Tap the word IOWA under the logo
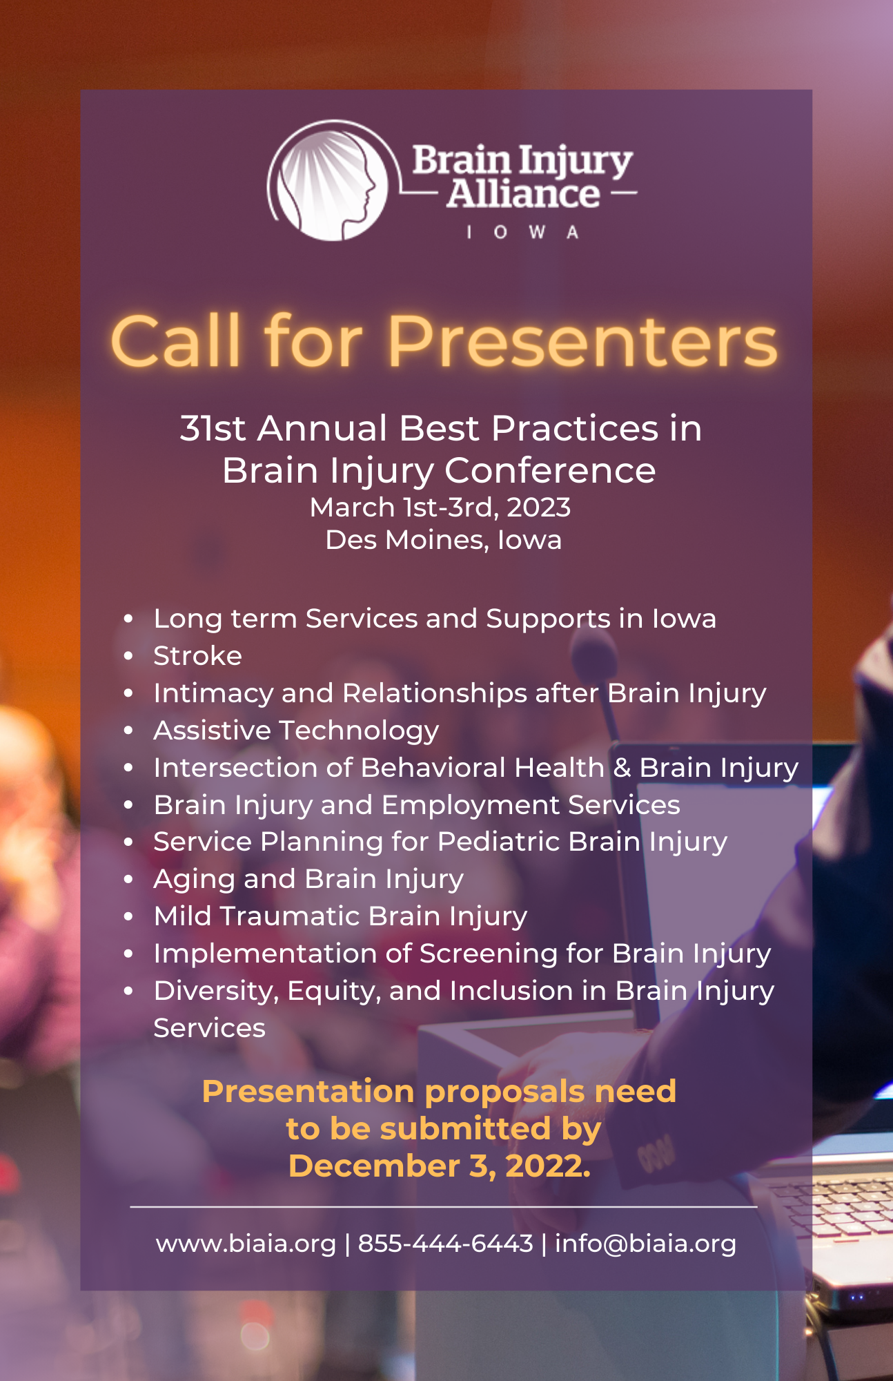[522, 232]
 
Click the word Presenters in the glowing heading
[583, 341]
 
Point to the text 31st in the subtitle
[213, 428]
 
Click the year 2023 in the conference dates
[539, 508]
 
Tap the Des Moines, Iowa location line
[444, 540]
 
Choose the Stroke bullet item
[198, 656]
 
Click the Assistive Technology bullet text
[296, 731]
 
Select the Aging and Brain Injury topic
[308, 879]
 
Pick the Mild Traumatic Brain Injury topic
[341, 916]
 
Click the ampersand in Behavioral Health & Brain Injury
[622, 768]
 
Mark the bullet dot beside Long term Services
[128, 619]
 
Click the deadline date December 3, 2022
[440, 1166]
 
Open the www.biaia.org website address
[246, 1244]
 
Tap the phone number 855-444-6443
[446, 1244]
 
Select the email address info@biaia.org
[646, 1244]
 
